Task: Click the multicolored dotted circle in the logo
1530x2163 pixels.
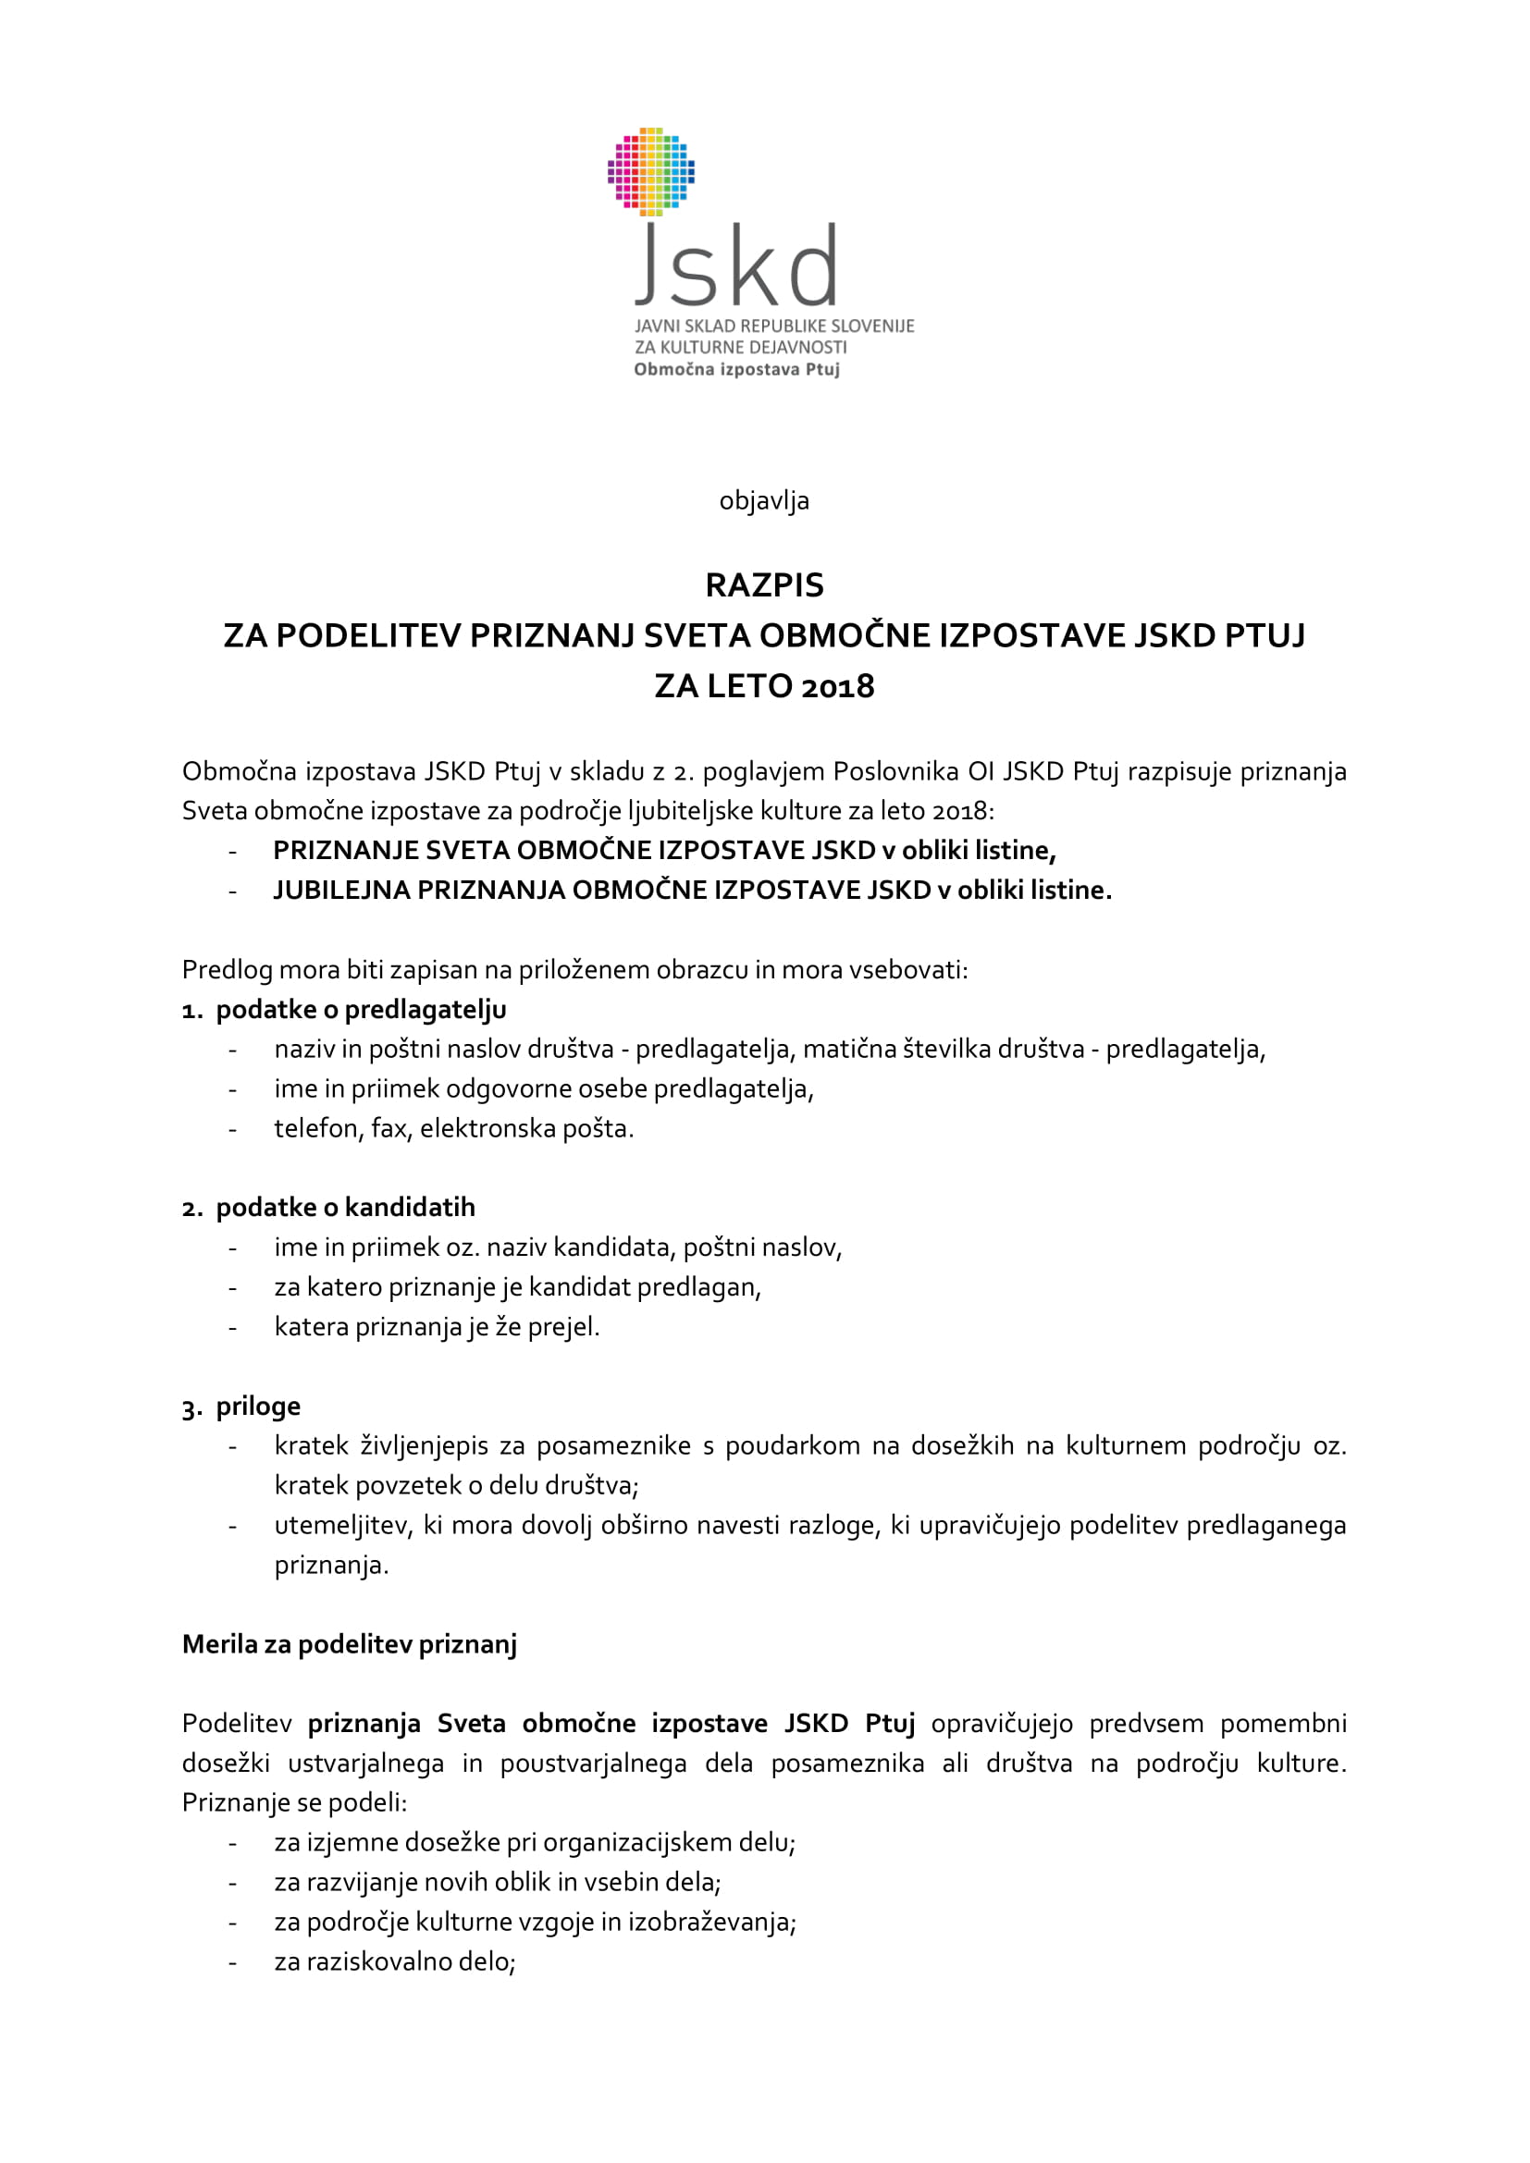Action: tap(651, 171)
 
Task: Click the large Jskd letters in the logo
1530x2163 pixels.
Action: tap(736, 266)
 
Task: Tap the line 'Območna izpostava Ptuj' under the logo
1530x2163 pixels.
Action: tap(735, 369)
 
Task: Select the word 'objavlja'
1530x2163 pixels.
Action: tap(764, 500)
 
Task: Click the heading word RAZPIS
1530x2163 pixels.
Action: tap(764, 585)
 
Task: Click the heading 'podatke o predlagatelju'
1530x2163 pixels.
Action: tap(361, 1010)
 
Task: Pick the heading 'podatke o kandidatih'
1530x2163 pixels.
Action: tap(345, 1208)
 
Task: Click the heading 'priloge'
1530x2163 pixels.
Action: tap(258, 1407)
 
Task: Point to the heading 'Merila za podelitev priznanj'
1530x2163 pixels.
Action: tap(350, 1645)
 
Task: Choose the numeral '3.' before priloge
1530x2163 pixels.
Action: tap(192, 1408)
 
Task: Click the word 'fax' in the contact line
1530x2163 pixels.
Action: tap(390, 1128)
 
